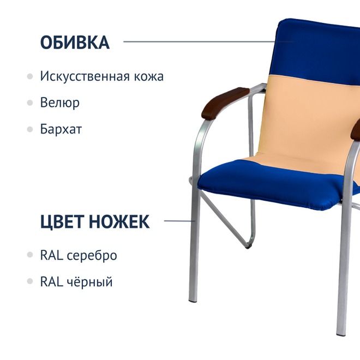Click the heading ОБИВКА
pyautogui.click(x=75, y=42)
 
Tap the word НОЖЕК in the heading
pyautogui.click(x=119, y=221)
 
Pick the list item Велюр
pyautogui.click(x=60, y=103)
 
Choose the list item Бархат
pyautogui.click(x=61, y=129)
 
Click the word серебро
pyautogui.click(x=92, y=255)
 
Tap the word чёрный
pyautogui.click(x=89, y=281)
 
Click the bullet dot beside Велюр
pyautogui.click(x=30, y=103)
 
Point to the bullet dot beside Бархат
pyautogui.click(x=30, y=129)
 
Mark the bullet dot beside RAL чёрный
pyautogui.click(x=30, y=281)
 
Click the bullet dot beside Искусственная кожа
pyautogui.click(x=30, y=76)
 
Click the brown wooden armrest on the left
pyautogui.click(x=224, y=103)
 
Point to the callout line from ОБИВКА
pyautogui.click(x=209, y=41)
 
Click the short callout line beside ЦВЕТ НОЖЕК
pyautogui.click(x=179, y=221)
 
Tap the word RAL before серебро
pyautogui.click(x=52, y=255)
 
